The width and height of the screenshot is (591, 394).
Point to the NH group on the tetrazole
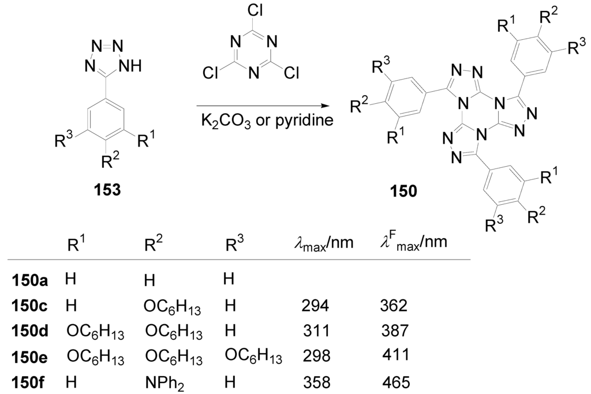click(x=128, y=65)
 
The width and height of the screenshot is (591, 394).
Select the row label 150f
click(x=28, y=382)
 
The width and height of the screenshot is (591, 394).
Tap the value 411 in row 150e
click(x=395, y=357)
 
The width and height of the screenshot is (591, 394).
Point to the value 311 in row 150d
click(x=315, y=332)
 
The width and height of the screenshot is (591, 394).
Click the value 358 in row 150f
click(x=316, y=382)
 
